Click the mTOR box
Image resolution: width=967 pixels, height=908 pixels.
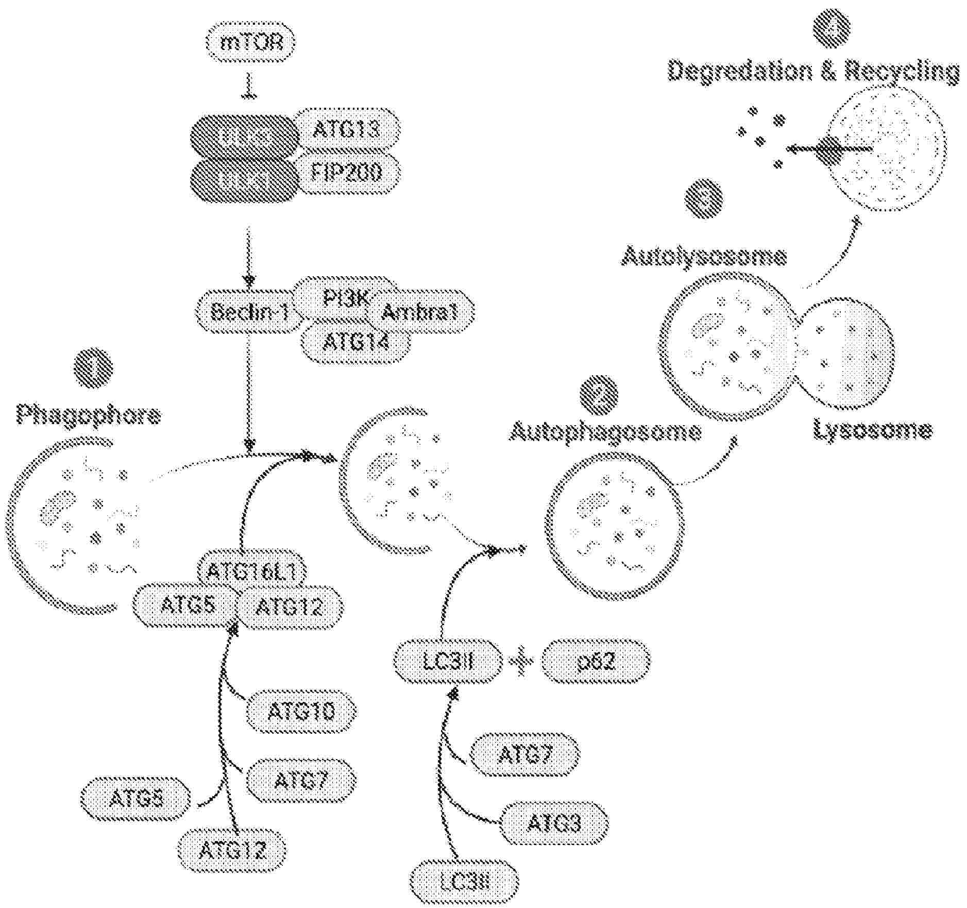pos(251,42)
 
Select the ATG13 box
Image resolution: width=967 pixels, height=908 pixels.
pos(346,129)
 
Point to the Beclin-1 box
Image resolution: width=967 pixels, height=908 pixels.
pos(249,312)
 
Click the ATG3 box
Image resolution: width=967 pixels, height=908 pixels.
pos(553,823)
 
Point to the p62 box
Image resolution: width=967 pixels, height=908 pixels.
pos(596,661)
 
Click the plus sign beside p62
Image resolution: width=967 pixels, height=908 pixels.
pos(521,662)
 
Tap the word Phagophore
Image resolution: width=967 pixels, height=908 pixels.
pos(89,414)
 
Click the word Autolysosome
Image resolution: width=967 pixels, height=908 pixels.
pos(704,256)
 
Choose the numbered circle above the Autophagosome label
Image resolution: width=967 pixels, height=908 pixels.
pos(599,396)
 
